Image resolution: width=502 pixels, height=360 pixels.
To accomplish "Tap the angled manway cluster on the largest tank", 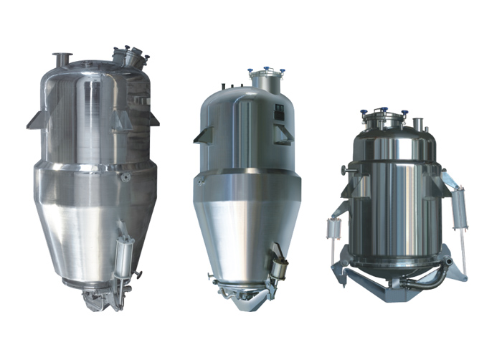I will click(130, 55).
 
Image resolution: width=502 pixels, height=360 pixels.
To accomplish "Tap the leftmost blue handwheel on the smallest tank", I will click(364, 113).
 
